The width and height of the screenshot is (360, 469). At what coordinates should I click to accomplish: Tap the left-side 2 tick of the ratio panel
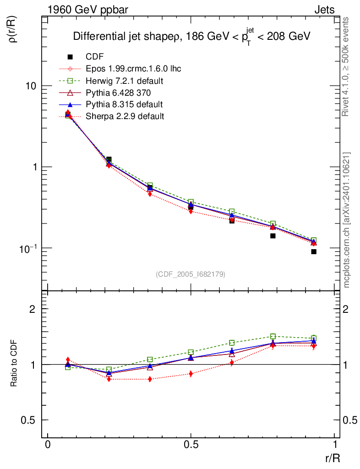33,309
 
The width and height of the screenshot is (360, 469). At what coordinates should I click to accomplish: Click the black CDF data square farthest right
314,251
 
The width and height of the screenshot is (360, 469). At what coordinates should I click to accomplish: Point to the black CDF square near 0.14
273,236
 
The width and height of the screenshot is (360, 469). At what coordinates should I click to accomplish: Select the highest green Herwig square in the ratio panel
273,336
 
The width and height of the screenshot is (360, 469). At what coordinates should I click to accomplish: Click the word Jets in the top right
324,10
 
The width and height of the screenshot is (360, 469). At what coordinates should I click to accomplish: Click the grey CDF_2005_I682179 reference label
191,274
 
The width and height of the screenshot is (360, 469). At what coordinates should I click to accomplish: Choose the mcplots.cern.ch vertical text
347,220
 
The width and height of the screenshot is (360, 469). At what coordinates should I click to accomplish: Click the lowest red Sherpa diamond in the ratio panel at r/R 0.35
150,379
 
